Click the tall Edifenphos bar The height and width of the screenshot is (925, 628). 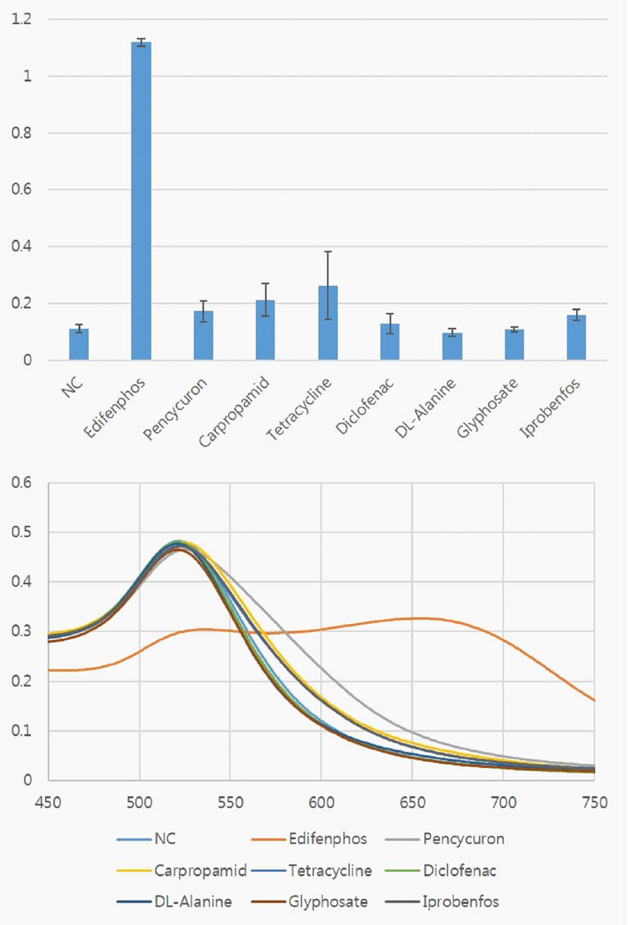pyautogui.click(x=141, y=201)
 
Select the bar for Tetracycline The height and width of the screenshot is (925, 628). pyautogui.click(x=328, y=323)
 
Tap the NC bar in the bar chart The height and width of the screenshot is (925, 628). pyautogui.click(x=79, y=344)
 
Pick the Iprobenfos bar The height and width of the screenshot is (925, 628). pyautogui.click(x=576, y=337)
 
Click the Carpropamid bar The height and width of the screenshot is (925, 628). pyautogui.click(x=266, y=330)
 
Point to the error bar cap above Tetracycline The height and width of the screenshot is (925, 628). pyautogui.click(x=328, y=251)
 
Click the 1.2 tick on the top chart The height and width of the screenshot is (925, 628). pyautogui.click(x=22, y=19)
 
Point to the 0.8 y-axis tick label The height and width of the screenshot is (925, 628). pyautogui.click(x=22, y=133)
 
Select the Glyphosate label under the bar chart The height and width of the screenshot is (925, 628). pyautogui.click(x=487, y=408)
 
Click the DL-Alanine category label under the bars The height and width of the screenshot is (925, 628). pyautogui.click(x=425, y=408)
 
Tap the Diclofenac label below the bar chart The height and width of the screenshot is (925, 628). pyautogui.click(x=364, y=406)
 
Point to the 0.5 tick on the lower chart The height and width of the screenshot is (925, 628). pyautogui.click(x=22, y=532)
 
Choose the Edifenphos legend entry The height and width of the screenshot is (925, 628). pyautogui.click(x=309, y=839)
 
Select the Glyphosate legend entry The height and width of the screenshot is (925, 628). pyautogui.click(x=310, y=901)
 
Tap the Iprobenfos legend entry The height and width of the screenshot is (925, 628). pyautogui.click(x=442, y=901)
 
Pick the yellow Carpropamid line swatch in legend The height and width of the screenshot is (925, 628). pyautogui.click(x=134, y=871)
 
